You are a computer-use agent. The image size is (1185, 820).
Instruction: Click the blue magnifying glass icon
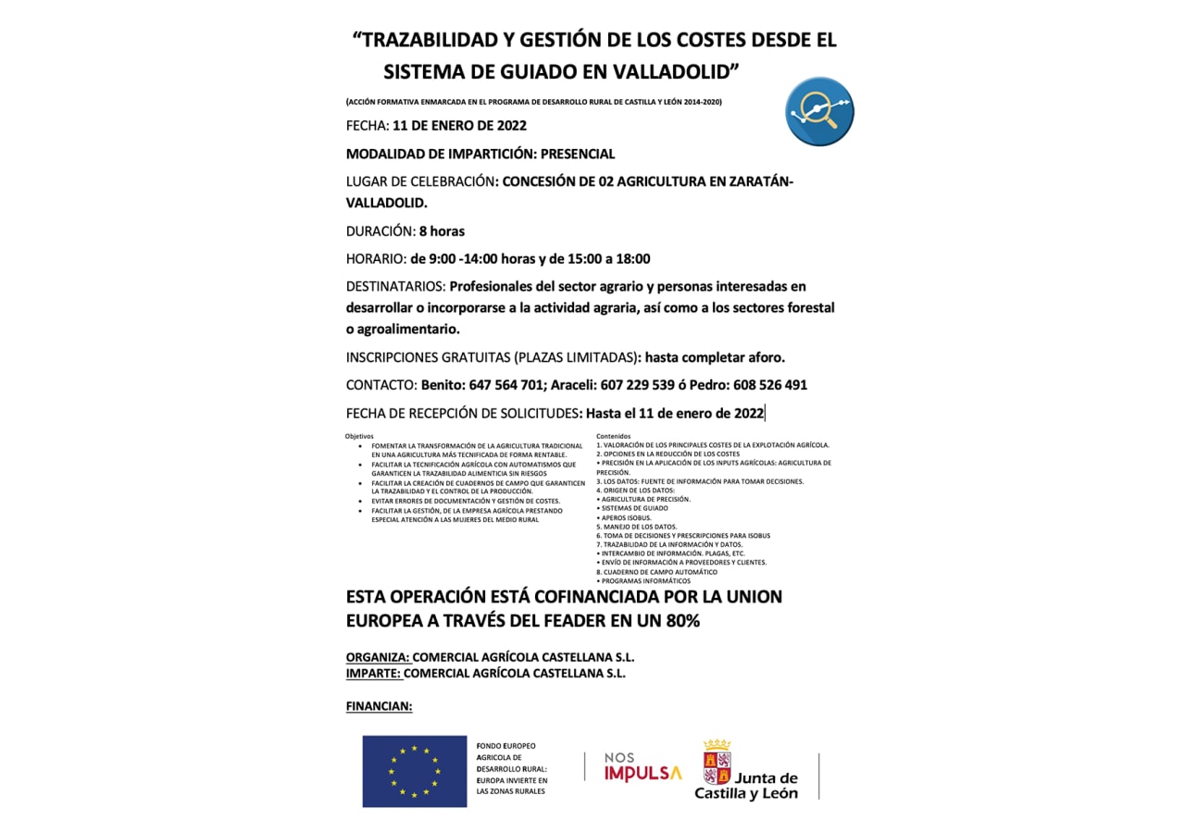pos(819,112)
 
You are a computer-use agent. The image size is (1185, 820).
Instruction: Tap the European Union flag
pos(414,770)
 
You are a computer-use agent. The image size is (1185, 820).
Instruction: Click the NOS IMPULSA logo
pos(642,767)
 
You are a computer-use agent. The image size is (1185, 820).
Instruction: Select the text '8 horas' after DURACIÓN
pos(442,231)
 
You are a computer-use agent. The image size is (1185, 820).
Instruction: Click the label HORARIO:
pos(376,259)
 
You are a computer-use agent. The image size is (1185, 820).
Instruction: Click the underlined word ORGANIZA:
pos(378,657)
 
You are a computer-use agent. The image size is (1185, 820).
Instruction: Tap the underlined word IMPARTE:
pos(374,674)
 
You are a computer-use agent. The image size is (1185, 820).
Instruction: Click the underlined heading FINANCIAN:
pos(379,706)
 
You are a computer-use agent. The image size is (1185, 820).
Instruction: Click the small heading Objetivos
pos(360,436)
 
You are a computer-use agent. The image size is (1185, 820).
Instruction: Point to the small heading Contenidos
pos(613,436)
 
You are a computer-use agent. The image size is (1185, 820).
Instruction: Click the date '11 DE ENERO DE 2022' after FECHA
pos(459,126)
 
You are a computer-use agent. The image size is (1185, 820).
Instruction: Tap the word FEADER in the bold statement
pos(554,621)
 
